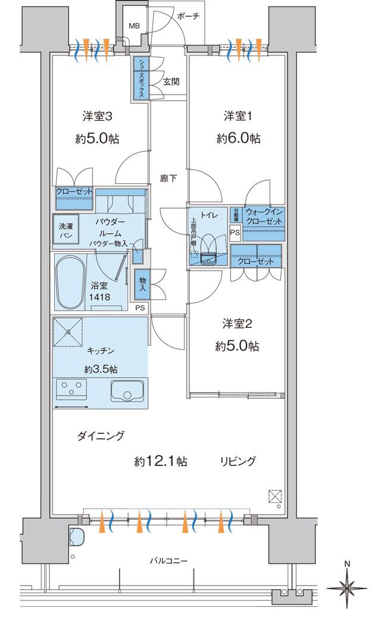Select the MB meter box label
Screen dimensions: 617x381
[135, 27]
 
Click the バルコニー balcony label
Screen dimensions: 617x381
[168, 560]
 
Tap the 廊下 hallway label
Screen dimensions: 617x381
[168, 178]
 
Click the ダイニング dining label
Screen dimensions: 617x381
[101, 436]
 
